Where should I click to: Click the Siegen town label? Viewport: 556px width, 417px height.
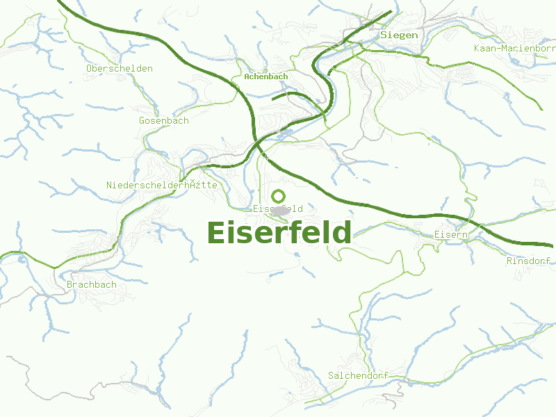coord(399,35)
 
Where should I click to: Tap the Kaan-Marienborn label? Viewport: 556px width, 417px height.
coord(514,48)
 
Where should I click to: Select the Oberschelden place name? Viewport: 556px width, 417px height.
coord(120,69)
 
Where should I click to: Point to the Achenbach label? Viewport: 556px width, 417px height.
coord(265,76)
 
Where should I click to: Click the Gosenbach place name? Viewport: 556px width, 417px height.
coord(164,120)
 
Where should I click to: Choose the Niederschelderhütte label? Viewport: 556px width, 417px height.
coord(162,185)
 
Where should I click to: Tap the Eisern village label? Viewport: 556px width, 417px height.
coord(451,235)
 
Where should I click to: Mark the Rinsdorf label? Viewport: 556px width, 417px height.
coord(529,261)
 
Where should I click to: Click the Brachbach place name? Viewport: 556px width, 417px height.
coord(92,284)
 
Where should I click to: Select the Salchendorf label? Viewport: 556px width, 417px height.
coord(357,375)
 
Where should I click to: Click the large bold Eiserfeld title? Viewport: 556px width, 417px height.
coord(279,233)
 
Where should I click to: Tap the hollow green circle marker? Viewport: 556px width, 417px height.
coord(279,196)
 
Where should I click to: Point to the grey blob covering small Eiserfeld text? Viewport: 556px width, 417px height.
coord(279,210)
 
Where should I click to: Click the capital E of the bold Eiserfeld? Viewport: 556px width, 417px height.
coord(215,233)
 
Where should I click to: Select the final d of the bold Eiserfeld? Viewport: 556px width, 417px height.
coord(342,233)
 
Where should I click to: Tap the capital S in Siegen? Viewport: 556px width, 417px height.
coord(383,35)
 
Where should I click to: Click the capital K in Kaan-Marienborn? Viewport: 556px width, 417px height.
coord(477,48)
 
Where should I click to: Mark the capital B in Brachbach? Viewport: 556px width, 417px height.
coord(69,284)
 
